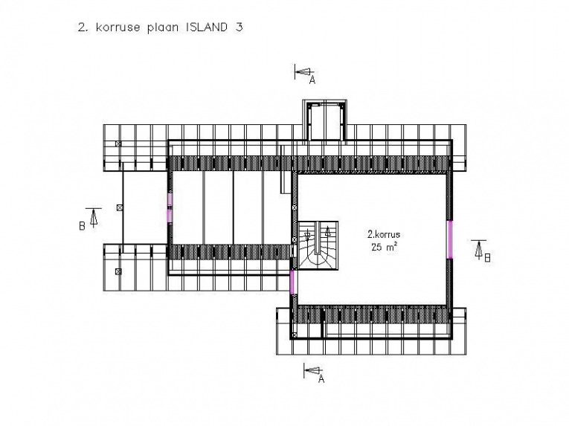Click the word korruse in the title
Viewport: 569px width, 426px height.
(118, 28)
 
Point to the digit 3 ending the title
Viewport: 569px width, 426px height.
(239, 28)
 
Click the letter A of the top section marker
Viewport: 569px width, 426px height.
(312, 80)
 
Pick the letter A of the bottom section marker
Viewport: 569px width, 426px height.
(321, 379)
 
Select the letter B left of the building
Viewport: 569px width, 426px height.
(82, 226)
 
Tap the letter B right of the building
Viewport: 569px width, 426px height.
(487, 258)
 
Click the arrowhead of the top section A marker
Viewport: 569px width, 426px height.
(303, 72)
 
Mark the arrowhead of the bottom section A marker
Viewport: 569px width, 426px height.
(312, 370)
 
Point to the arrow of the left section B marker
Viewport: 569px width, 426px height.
(94, 218)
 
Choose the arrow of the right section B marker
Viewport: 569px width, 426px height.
(479, 250)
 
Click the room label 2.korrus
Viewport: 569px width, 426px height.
(384, 234)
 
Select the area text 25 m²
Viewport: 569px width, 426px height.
(384, 247)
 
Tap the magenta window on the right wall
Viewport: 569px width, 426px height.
(449, 239)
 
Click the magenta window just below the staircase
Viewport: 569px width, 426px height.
(292, 282)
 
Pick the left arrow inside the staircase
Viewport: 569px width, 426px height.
(308, 234)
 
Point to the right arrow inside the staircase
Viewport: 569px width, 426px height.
(328, 231)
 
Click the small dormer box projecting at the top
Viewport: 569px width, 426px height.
(325, 120)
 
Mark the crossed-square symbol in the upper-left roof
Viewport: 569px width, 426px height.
(118, 143)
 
